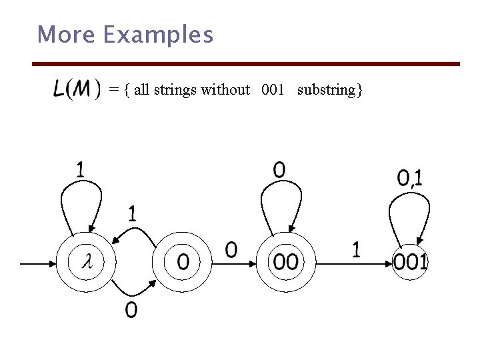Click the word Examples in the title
tap(159, 34)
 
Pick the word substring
tap(329, 90)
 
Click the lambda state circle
tap(87, 262)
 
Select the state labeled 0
tap(182, 262)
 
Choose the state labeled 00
tap(285, 262)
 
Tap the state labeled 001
tap(409, 262)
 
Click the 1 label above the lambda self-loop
tap(80, 170)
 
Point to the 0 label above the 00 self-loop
tap(279, 170)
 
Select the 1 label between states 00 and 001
tap(356, 250)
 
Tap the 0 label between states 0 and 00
tap(231, 250)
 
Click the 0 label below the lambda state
tap(131, 310)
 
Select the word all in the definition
tap(141, 89)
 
